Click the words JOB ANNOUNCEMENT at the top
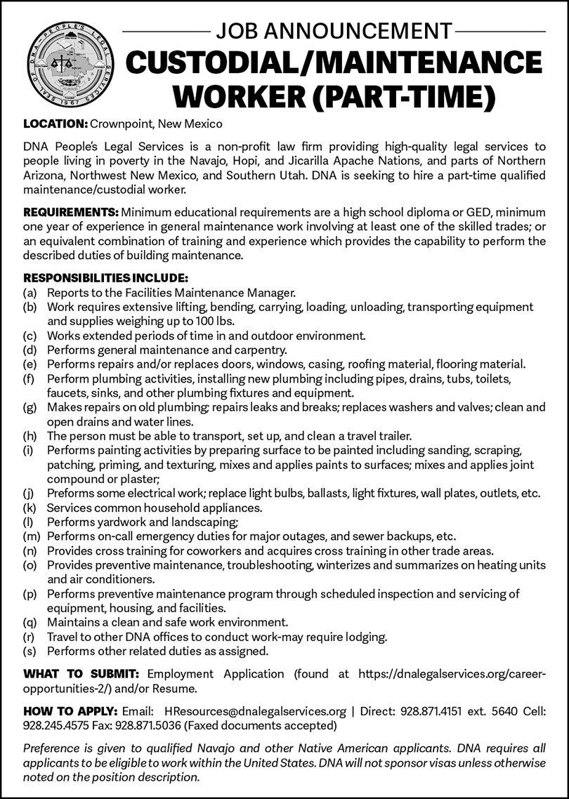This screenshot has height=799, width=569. point(334,31)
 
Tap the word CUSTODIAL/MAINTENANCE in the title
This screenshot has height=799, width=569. point(334,64)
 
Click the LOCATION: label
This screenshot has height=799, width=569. point(55,124)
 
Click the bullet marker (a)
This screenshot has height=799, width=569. point(30,292)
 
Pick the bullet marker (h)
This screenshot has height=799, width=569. point(30,436)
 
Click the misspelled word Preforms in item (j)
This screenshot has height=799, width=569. point(68,494)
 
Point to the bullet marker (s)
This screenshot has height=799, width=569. point(30,652)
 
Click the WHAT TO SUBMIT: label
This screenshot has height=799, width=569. point(81,674)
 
